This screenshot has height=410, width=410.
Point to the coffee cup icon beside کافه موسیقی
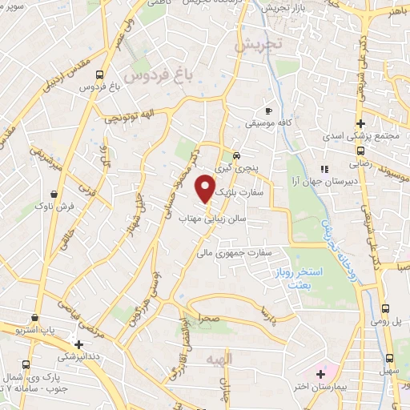tap(269, 110)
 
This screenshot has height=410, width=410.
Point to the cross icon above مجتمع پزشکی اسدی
tap(361, 123)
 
